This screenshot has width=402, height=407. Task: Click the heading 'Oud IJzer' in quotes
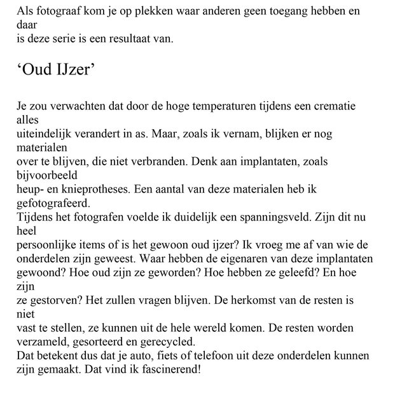56,71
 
